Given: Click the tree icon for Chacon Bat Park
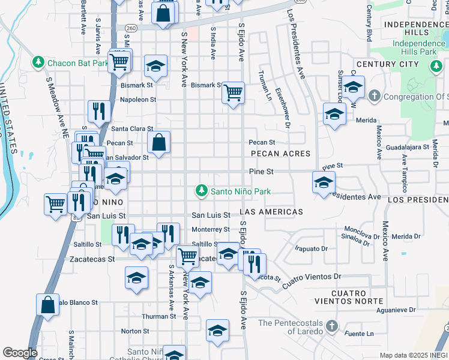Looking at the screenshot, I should coord(38,62).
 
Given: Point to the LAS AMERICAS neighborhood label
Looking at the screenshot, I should coord(271,212).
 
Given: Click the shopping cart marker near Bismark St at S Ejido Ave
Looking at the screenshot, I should coord(232,93).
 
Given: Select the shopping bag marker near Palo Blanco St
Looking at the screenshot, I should coord(47,305).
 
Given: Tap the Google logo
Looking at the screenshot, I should coord(20,353).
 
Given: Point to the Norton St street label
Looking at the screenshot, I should coord(134,331).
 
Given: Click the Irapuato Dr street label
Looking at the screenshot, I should coord(311,248).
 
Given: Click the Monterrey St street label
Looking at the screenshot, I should coord(210,229).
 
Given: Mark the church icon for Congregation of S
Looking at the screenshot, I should coord(373,95).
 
